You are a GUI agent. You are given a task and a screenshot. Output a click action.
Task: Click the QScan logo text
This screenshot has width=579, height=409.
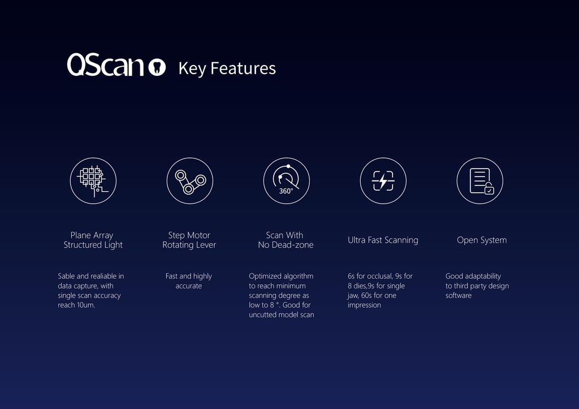106,65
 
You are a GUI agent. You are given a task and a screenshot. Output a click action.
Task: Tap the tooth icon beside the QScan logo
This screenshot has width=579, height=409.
157,67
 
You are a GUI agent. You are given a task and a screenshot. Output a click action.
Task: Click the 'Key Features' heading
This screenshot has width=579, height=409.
227,68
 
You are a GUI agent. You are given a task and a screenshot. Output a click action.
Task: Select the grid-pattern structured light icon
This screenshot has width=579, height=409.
93,180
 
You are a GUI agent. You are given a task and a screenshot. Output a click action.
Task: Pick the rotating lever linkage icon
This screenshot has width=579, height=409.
189,180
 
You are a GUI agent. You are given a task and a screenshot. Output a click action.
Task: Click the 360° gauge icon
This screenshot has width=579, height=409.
286,180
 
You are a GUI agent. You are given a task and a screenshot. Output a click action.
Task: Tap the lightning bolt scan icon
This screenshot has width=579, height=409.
383,180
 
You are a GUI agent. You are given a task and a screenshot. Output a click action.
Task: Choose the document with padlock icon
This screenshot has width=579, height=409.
479,180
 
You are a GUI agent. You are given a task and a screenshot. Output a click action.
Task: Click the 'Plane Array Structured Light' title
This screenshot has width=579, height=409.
93,240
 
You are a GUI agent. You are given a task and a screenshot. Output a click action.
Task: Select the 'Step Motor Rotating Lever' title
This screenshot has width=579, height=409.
189,240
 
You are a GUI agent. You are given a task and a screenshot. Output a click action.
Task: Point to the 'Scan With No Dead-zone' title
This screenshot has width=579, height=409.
286,240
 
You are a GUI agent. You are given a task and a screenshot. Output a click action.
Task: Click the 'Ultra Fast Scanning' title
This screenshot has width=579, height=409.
383,240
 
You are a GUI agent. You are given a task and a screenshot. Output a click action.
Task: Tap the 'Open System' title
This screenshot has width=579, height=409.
482,240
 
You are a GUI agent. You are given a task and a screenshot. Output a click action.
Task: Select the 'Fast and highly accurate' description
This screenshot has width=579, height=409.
189,281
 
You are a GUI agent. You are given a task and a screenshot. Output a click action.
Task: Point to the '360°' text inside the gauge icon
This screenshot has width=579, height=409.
286,191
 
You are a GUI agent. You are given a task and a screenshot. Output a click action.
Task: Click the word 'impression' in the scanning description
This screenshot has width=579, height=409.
364,305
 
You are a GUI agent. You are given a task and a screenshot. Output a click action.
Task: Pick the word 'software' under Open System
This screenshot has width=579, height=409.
459,295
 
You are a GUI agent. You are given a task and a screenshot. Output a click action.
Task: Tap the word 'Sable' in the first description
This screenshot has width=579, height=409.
66,276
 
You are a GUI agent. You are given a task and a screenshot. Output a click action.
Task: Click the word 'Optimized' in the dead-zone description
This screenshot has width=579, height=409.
265,276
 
